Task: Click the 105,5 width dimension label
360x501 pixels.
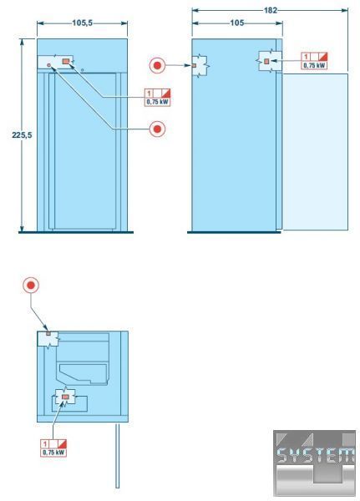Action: click(82, 23)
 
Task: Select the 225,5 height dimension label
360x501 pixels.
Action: click(22, 135)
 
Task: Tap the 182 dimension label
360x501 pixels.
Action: click(270, 11)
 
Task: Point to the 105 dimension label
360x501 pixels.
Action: click(237, 23)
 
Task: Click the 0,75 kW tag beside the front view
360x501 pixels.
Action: click(157, 98)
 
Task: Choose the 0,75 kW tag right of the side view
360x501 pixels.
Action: click(314, 61)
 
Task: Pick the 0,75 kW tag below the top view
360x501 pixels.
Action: click(53, 448)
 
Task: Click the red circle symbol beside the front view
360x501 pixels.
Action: click(157, 129)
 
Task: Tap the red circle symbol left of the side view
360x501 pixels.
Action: click(157, 65)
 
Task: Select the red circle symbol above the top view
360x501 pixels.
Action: click(31, 286)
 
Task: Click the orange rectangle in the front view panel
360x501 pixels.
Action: click(66, 61)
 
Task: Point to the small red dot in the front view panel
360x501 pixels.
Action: click(49, 65)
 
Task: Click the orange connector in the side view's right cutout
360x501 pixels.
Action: click(266, 61)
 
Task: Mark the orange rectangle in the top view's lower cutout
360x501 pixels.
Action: click(65, 397)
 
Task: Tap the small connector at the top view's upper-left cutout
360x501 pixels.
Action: click(48, 333)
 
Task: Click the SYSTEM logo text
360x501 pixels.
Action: click(316, 456)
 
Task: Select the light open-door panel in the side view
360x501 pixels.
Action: click(315, 152)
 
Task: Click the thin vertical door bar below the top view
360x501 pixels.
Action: click(117, 456)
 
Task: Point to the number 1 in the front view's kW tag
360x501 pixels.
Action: click(149, 94)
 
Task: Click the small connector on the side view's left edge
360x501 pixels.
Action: click(194, 65)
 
